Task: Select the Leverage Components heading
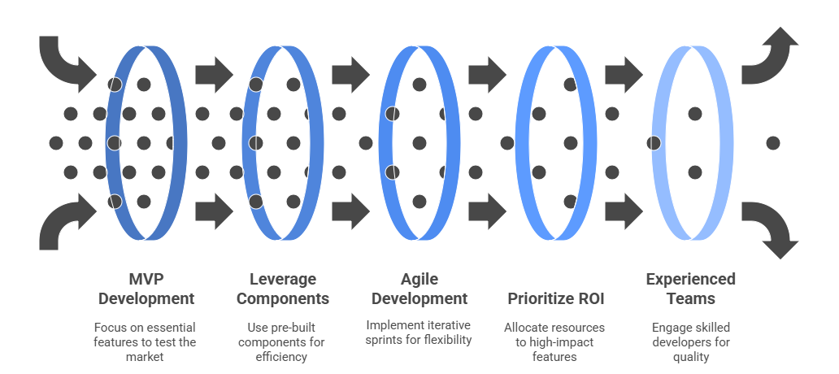pyautogui.click(x=282, y=289)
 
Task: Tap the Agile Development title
pyautogui.click(x=419, y=289)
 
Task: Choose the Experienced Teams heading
pyautogui.click(x=690, y=289)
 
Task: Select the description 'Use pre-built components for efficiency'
pyautogui.click(x=282, y=341)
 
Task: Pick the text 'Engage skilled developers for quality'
pyautogui.click(x=690, y=341)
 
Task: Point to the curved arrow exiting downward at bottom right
pyautogui.click(x=771, y=228)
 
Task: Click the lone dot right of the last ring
pyautogui.click(x=772, y=143)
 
